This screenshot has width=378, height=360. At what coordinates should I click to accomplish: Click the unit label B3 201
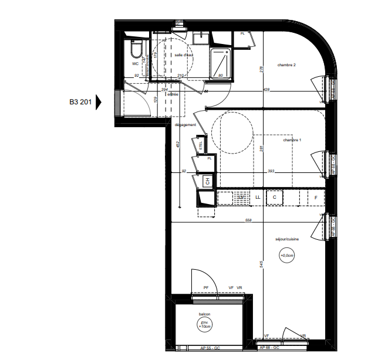click(80, 101)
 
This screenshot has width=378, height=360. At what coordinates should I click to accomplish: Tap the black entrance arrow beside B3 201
click(98, 101)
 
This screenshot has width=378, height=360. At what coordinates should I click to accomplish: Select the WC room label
click(135, 63)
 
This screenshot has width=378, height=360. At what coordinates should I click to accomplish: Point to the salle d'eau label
click(184, 55)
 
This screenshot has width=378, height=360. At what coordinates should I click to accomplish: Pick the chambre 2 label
click(286, 65)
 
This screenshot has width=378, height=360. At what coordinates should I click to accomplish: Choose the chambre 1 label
click(292, 140)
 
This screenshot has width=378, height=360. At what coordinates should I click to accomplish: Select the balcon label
click(204, 314)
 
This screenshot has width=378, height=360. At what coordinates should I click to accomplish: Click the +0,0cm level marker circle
click(287, 255)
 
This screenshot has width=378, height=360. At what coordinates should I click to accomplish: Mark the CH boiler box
click(207, 182)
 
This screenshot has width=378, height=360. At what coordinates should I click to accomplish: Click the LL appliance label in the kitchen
click(257, 198)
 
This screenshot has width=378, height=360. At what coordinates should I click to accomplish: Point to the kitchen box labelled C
click(274, 198)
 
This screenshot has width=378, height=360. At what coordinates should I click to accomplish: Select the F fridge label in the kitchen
click(316, 198)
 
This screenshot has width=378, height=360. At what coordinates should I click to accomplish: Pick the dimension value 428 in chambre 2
click(267, 90)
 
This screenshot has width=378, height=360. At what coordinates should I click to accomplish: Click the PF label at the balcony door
click(206, 287)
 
